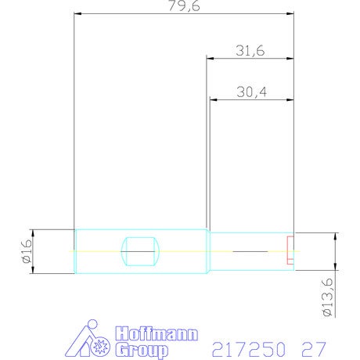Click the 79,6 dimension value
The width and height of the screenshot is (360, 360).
click(x=184, y=5)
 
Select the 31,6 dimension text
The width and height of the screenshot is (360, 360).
click(x=250, y=51)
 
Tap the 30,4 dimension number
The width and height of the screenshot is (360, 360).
click(x=252, y=92)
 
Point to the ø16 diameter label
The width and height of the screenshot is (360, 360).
click(x=27, y=251)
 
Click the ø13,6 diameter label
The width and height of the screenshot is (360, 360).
click(x=328, y=297)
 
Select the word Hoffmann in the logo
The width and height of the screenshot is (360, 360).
click(x=157, y=333)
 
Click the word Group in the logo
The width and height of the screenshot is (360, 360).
click(x=142, y=350)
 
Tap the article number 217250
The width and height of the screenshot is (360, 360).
click(x=248, y=349)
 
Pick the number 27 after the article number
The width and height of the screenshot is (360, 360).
click(x=314, y=349)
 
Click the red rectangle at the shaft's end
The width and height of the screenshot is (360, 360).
click(x=290, y=250)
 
